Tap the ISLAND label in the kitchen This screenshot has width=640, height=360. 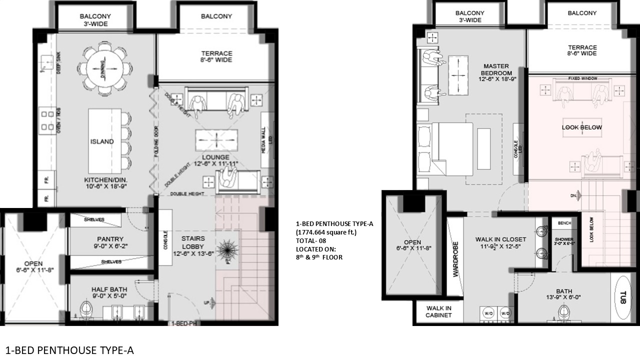102,141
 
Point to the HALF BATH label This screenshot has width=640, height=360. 109,289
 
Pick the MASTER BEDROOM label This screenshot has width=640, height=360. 496,69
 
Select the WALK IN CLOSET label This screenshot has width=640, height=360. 500,239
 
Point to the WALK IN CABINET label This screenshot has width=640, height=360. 438,311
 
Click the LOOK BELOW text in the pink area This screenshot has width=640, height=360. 582,127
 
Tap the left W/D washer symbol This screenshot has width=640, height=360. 487,313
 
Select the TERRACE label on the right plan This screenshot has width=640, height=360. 582,47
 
